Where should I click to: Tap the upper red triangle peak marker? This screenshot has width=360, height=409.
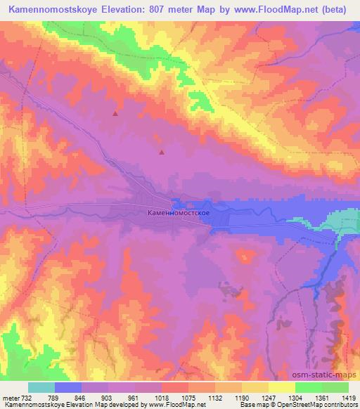click(x=115, y=112)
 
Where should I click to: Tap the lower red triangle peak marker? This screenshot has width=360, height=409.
click(x=162, y=151)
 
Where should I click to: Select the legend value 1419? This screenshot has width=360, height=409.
click(x=349, y=397)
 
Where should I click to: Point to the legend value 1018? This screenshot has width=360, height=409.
click(x=163, y=397)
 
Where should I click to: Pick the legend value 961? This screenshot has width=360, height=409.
click(x=136, y=397)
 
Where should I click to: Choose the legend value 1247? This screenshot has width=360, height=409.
click(x=269, y=397)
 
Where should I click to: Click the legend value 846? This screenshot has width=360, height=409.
click(x=83, y=397)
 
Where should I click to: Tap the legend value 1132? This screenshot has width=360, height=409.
click(x=216, y=397)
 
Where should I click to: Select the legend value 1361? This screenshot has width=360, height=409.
click(x=322, y=397)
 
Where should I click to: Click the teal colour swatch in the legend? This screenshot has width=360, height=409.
click(x=41, y=387)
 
